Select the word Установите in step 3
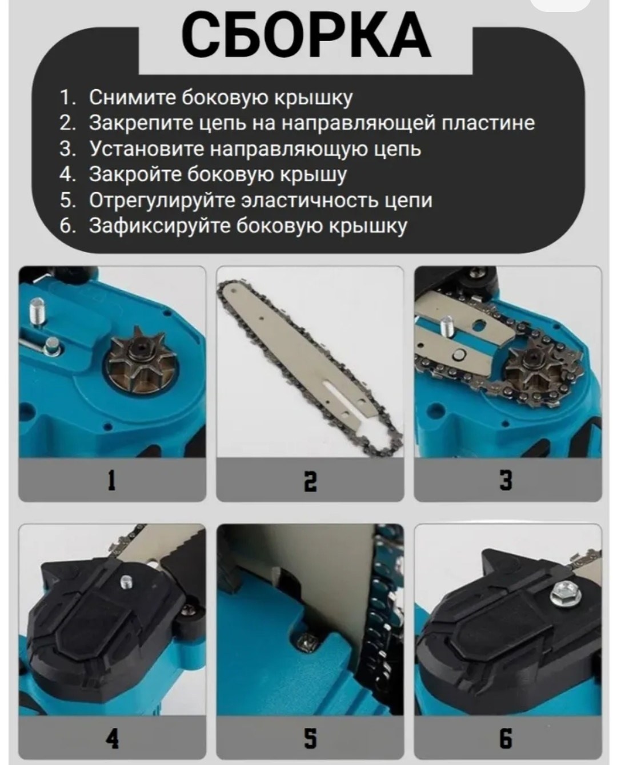click(146, 148)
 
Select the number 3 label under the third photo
click(506, 480)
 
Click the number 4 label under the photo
click(113, 739)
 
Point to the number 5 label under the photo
click(310, 739)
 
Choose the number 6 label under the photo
click(506, 739)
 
